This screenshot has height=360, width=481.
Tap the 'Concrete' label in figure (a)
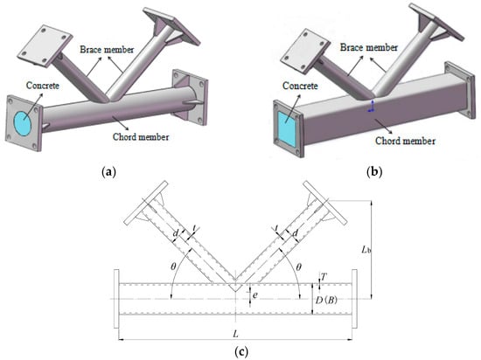(x=42, y=86)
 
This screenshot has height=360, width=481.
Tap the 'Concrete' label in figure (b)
(x=300, y=87)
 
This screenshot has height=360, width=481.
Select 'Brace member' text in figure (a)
(x=107, y=50)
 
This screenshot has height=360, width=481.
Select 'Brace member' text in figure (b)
(x=369, y=47)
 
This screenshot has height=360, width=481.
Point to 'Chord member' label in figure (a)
(x=141, y=136)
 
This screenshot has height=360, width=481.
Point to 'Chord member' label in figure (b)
(x=405, y=141)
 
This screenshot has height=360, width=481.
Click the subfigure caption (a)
(x=108, y=172)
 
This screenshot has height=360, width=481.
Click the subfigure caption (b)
(x=374, y=172)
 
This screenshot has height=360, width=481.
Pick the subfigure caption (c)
(x=241, y=352)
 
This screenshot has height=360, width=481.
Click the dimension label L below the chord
(x=235, y=334)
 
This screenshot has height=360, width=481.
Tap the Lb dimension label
(x=366, y=250)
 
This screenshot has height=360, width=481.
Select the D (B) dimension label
(x=326, y=300)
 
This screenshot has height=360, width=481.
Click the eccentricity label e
(x=255, y=295)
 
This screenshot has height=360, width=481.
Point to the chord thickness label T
(x=324, y=277)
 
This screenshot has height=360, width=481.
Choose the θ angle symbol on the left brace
(x=174, y=267)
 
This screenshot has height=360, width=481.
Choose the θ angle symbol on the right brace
(x=298, y=267)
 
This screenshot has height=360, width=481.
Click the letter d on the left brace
(x=176, y=234)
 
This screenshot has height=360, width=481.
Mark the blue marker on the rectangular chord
(x=372, y=107)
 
